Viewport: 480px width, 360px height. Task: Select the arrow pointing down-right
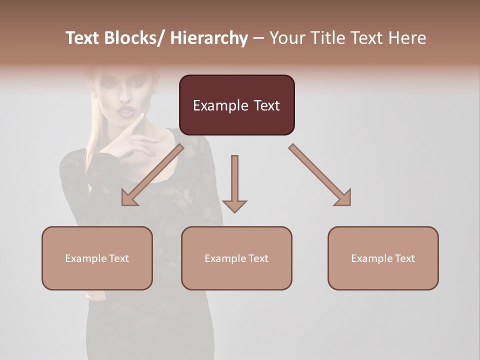pyautogui.click(x=320, y=175)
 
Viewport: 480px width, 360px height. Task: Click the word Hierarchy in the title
pyautogui.click(x=209, y=38)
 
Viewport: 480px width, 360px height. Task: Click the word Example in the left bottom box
pyautogui.click(x=85, y=258)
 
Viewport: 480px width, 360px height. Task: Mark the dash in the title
pyautogui.click(x=258, y=38)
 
